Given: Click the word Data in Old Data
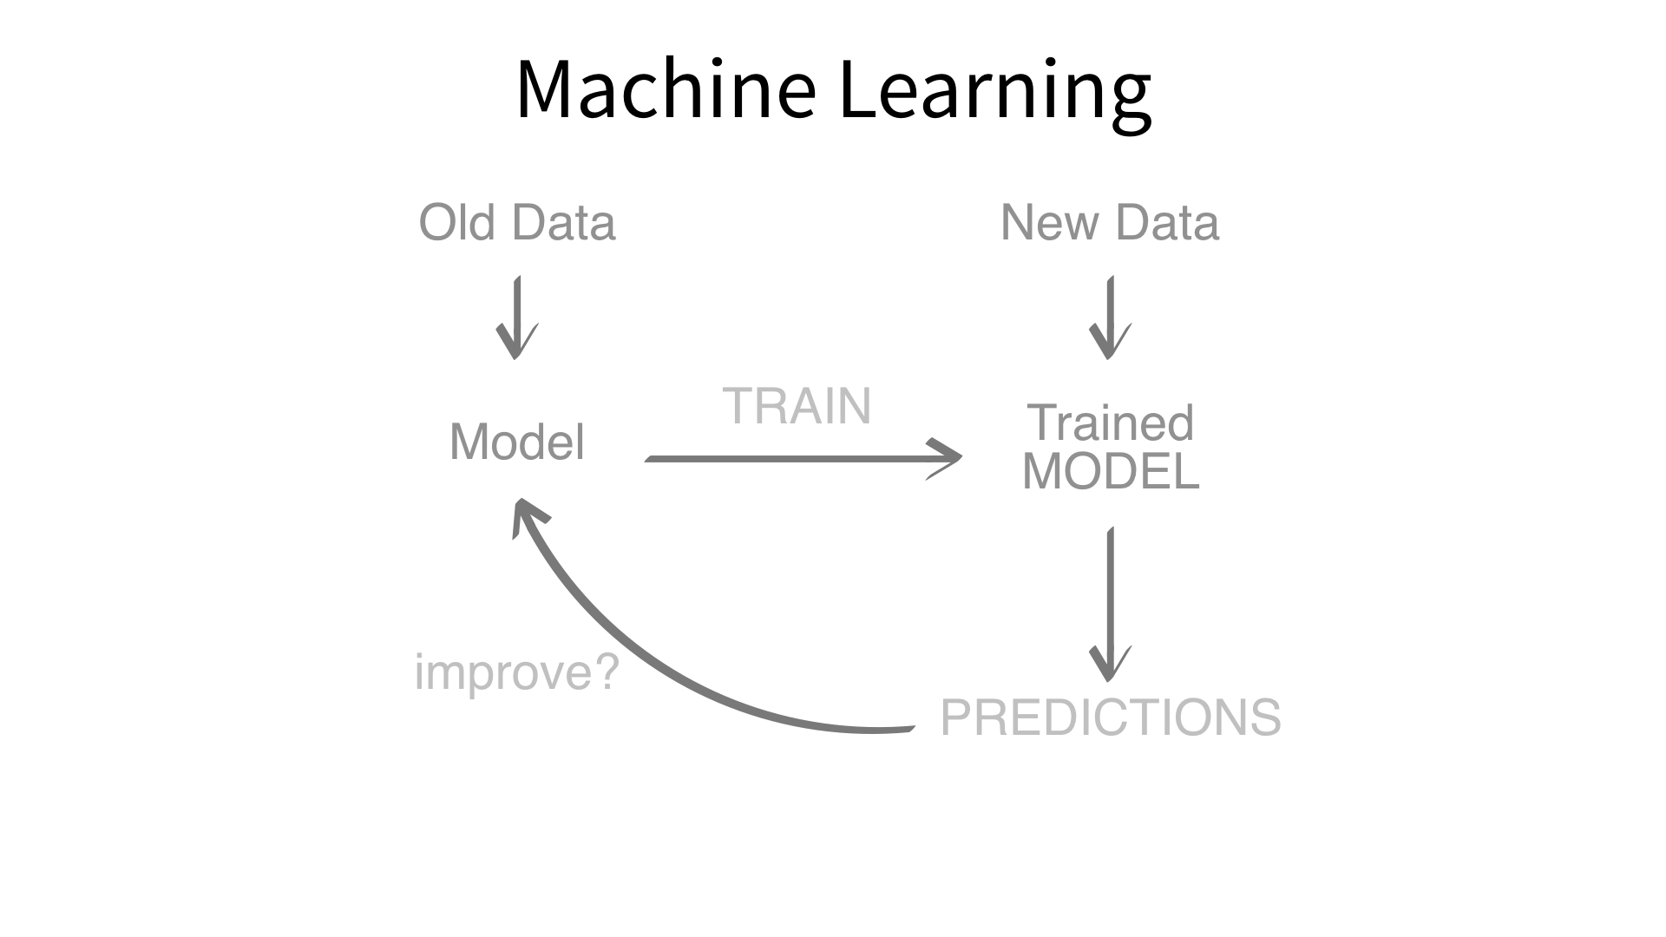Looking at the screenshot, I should [564, 223].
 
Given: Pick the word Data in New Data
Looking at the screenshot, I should [1167, 223].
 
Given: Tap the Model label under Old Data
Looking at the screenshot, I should [517, 442].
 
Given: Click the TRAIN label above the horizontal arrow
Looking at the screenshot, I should [797, 406].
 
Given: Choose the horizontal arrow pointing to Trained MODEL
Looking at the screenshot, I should [803, 458].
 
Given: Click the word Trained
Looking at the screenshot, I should [1111, 423].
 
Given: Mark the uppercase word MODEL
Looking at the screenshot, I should [1111, 472].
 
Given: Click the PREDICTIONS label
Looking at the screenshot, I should [1111, 717].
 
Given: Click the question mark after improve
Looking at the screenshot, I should [605, 671].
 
